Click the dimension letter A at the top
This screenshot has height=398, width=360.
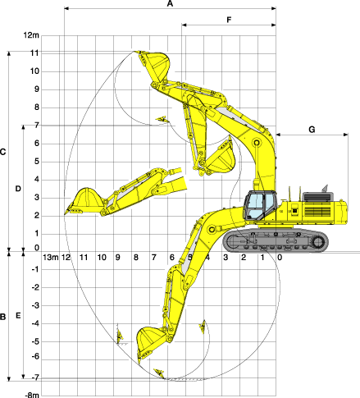170,3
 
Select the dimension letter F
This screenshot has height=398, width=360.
229,20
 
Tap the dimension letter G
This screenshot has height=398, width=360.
312,130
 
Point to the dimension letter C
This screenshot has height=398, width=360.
2,152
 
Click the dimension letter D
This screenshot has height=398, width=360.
18,189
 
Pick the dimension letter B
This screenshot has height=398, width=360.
2,317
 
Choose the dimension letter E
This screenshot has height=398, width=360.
18,316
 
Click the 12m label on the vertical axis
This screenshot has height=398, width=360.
31,35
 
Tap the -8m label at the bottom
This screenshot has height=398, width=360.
32,395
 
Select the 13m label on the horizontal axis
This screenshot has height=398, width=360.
51,258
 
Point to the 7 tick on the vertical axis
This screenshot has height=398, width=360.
37,126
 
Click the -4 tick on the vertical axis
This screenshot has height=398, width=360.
35,323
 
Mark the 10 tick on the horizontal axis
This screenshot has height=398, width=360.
102,258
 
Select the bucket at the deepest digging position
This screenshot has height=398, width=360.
150,342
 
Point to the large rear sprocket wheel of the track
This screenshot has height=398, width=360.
318,242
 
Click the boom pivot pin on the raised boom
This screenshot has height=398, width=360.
257,143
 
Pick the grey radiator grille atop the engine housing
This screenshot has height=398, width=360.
318,197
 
